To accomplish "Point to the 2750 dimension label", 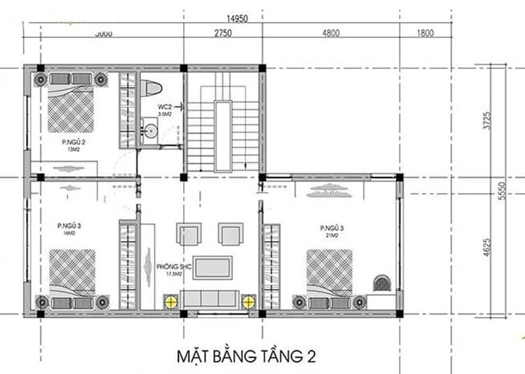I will point(222,33).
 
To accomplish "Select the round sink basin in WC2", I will point(151,130).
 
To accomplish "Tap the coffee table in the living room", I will point(211,267).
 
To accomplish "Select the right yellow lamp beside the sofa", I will point(249,302).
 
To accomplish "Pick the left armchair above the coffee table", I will point(186,234).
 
